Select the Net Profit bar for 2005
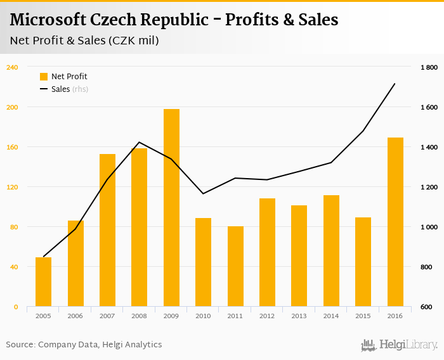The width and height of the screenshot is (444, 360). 43,282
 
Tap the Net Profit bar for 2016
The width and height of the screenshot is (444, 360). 395,222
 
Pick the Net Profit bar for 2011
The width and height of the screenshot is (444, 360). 235,266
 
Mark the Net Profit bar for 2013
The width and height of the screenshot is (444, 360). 299,256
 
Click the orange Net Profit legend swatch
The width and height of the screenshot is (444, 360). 44,77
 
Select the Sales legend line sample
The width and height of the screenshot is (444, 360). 44,89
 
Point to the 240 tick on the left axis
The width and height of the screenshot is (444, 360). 12,67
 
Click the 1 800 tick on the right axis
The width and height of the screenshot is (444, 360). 429,67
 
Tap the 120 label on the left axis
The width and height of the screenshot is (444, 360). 12,187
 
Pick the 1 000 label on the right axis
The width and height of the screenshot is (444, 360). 429,227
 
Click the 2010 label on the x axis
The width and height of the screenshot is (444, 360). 203,315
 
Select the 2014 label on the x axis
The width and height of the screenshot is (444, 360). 331,315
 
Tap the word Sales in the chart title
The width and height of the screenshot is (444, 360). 315,20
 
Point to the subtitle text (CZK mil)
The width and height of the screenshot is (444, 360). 133,41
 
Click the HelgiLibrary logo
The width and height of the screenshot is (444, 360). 400,345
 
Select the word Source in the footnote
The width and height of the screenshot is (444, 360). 20,345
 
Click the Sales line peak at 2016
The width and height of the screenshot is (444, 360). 395,84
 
